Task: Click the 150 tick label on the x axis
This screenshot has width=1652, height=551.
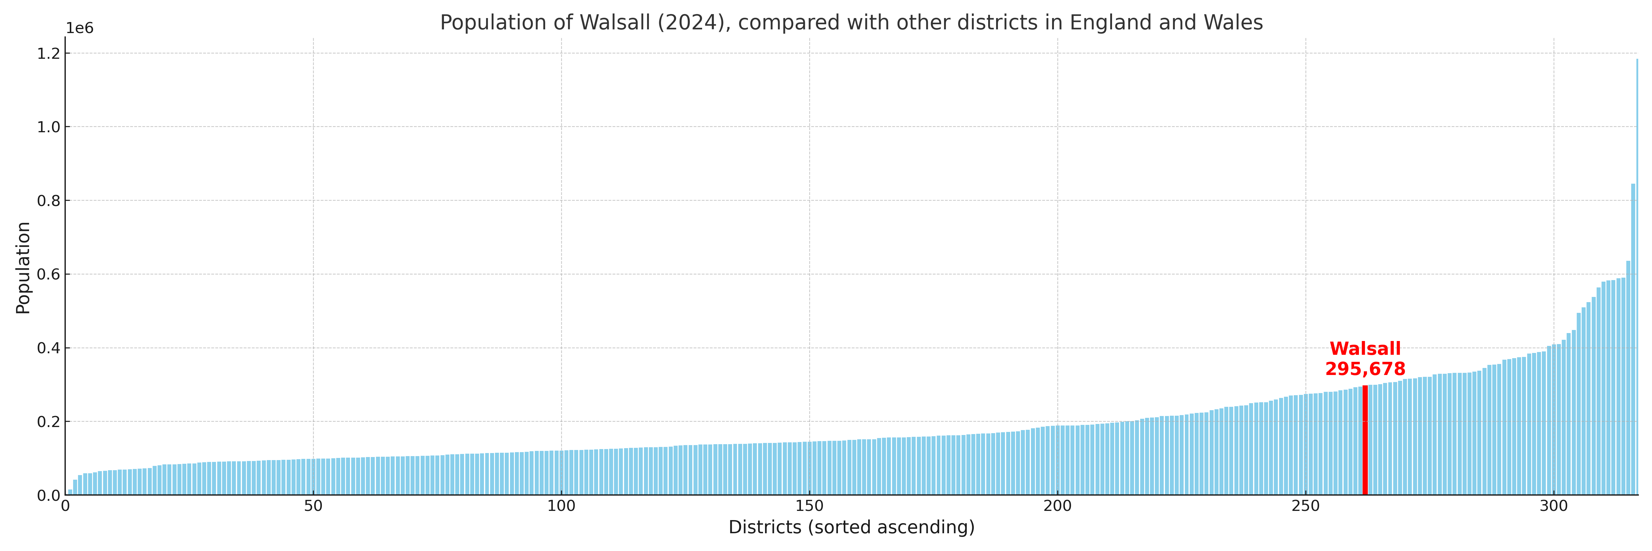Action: click(x=809, y=507)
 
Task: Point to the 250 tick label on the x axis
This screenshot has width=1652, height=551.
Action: click(x=1306, y=507)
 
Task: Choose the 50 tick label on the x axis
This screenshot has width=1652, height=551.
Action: click(x=313, y=507)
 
